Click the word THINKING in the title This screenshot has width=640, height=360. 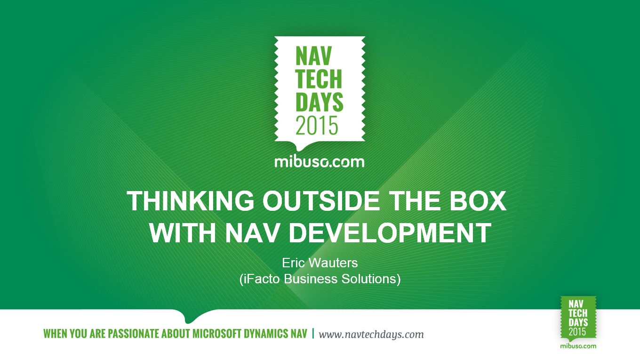191,200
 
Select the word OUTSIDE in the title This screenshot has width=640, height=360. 321,200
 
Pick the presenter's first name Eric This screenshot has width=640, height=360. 292,263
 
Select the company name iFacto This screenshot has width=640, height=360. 262,279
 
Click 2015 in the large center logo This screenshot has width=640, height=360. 317,126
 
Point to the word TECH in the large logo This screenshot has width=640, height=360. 319,79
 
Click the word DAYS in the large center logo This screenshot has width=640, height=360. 319,102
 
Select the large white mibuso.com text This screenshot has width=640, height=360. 320,162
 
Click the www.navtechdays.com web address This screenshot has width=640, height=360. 371,334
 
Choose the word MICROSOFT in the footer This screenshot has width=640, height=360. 217,334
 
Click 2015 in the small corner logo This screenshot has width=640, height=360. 577,332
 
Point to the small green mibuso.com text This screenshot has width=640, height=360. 578,346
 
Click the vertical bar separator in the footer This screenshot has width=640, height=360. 313,334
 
